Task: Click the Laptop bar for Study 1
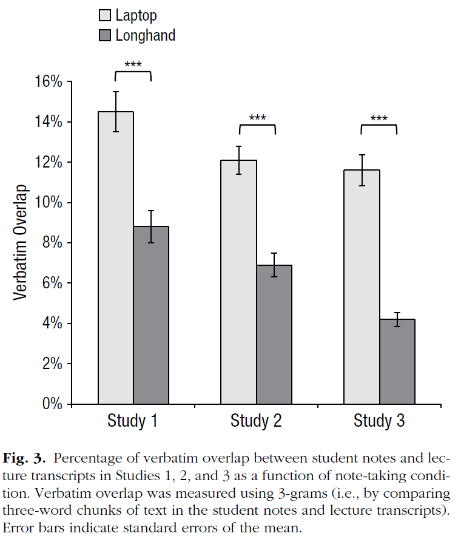pyautogui.click(x=116, y=258)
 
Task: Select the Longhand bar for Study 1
pyautogui.click(x=151, y=316)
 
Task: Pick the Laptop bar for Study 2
pyautogui.click(x=238, y=282)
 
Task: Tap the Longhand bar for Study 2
pyautogui.click(x=274, y=334)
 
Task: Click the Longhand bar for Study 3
pyautogui.click(x=397, y=362)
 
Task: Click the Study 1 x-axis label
pyautogui.click(x=133, y=421)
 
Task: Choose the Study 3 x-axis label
pyautogui.click(x=379, y=421)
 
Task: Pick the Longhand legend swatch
pyautogui.click(x=104, y=35)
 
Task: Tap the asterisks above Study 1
pyautogui.click(x=133, y=64)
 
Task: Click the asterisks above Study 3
pyautogui.click(x=379, y=118)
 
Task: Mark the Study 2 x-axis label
pyautogui.click(x=256, y=421)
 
